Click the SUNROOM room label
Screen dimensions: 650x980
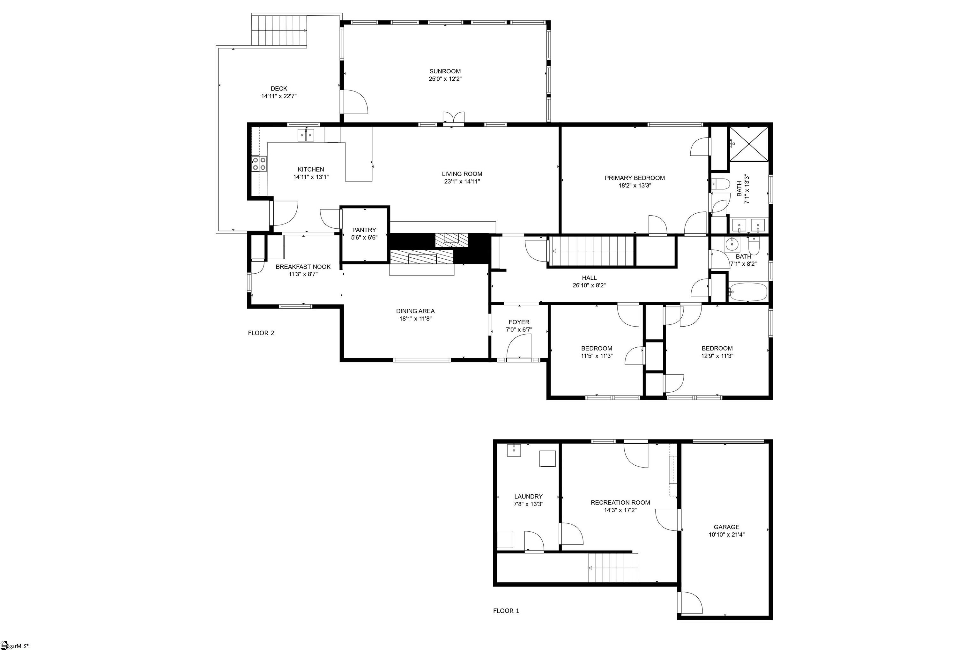pyautogui.click(x=445, y=71)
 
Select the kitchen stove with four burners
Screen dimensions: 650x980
pyautogui.click(x=259, y=164)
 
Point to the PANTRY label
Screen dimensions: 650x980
pyautogui.click(x=364, y=230)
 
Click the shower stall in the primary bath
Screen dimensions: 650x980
pyautogui.click(x=748, y=144)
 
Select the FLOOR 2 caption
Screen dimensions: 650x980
pyautogui.click(x=261, y=333)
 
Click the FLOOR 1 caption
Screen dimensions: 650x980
pyautogui.click(x=506, y=611)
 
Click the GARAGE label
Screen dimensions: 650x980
pyautogui.click(x=726, y=527)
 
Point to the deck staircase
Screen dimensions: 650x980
pyautogui.click(x=280, y=30)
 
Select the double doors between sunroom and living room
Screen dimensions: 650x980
pyautogui.click(x=453, y=118)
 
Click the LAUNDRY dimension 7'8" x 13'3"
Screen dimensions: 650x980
pyautogui.click(x=528, y=504)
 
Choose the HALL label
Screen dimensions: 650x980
pyautogui.click(x=589, y=278)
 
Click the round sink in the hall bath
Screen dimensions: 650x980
pyautogui.click(x=732, y=244)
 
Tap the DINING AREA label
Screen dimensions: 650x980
pyautogui.click(x=415, y=311)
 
